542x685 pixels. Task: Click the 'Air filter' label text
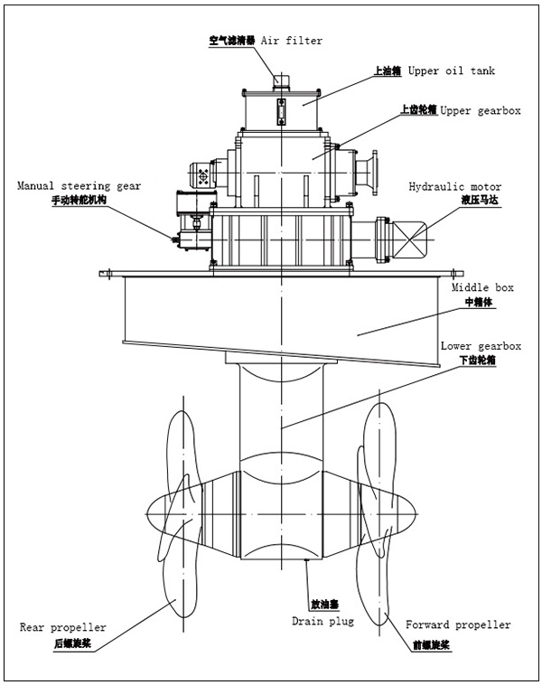pos(291,41)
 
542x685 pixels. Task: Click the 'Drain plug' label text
pos(322,622)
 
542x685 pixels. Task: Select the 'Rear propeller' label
pos(62,626)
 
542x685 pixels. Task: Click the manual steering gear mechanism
pos(190,226)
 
